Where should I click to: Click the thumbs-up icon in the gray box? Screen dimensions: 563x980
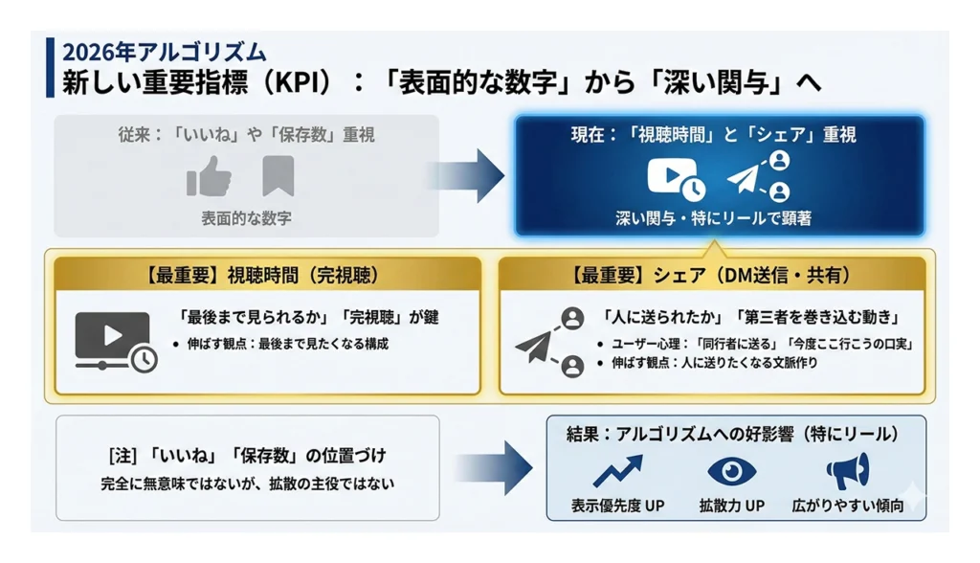point(210,176)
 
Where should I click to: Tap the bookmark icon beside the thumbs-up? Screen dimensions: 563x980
point(278,176)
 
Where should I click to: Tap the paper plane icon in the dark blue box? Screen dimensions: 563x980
point(746,179)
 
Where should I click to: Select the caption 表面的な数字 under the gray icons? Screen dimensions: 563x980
point(246,218)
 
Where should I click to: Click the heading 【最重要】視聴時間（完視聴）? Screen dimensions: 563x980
point(264,277)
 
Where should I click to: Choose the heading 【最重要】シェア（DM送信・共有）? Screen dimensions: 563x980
point(711,277)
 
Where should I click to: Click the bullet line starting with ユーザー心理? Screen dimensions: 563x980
point(752,343)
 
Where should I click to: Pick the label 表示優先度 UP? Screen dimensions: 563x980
point(617,505)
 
